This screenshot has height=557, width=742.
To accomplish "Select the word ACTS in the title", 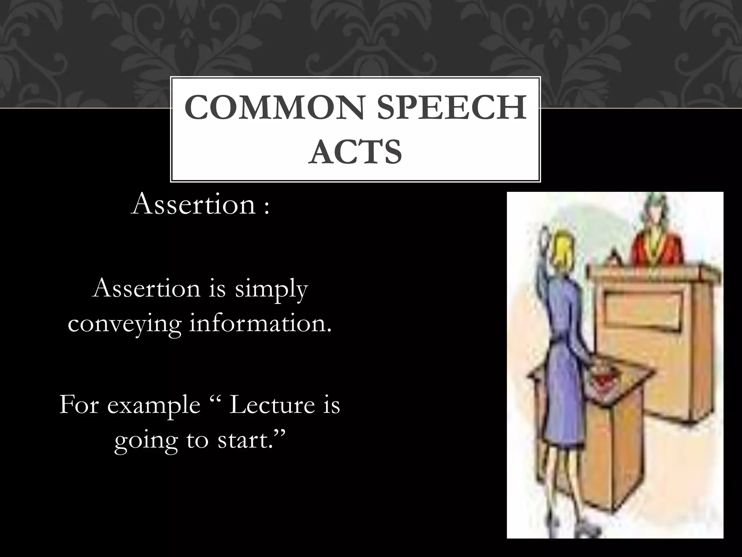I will tap(355, 152).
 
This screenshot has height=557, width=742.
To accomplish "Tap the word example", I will tap(153, 405).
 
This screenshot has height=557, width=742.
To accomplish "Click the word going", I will tap(146, 441).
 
